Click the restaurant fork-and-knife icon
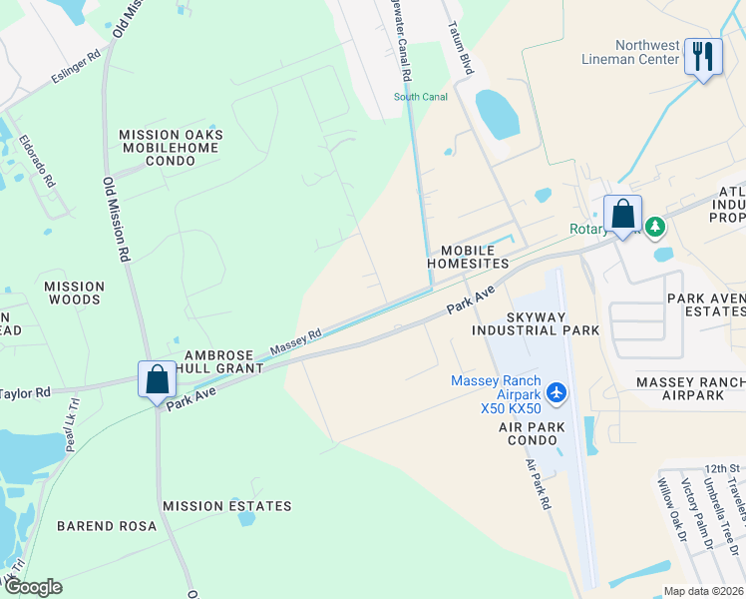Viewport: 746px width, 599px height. pos(704,57)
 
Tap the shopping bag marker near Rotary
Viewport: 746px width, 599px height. pos(622,214)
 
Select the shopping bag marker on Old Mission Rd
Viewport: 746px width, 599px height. pos(157,380)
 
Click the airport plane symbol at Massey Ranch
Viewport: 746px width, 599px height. pos(557,389)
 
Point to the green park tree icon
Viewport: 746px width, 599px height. pos(655,228)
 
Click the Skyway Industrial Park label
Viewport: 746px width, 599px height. pos(536,322)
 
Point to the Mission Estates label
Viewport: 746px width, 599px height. pos(227,506)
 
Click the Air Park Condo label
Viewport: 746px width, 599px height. pos(533,434)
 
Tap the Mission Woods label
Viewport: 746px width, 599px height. pos(73,293)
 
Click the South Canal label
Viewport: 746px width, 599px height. pos(421,97)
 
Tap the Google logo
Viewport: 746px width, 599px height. pos(33,587)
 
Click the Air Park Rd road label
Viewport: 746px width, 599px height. pos(539,486)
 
